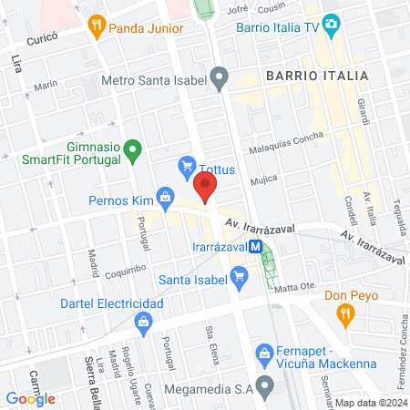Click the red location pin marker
(206, 189)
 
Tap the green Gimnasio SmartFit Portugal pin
(133, 148)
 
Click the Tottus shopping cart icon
(187, 166)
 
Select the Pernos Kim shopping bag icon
(165, 195)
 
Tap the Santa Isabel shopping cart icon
(240, 275)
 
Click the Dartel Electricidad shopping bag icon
(143, 322)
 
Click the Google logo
(31, 398)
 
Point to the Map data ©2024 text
(370, 402)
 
